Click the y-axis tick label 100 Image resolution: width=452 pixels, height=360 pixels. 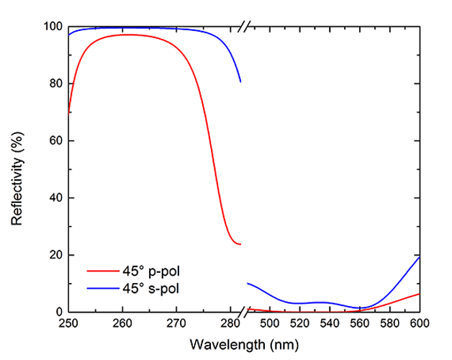[49, 27]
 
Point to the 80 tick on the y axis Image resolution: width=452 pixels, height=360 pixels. [52, 84]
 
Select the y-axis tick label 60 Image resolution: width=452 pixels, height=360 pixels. [52, 141]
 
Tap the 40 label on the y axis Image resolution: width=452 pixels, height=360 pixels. [52, 198]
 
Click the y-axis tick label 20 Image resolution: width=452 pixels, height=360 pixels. [52, 256]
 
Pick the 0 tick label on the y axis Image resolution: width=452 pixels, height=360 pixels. [55, 312]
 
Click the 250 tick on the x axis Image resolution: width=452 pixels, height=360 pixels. [68, 325]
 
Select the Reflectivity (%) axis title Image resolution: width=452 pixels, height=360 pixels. [17, 169]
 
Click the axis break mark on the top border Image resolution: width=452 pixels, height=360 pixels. [245, 27]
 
